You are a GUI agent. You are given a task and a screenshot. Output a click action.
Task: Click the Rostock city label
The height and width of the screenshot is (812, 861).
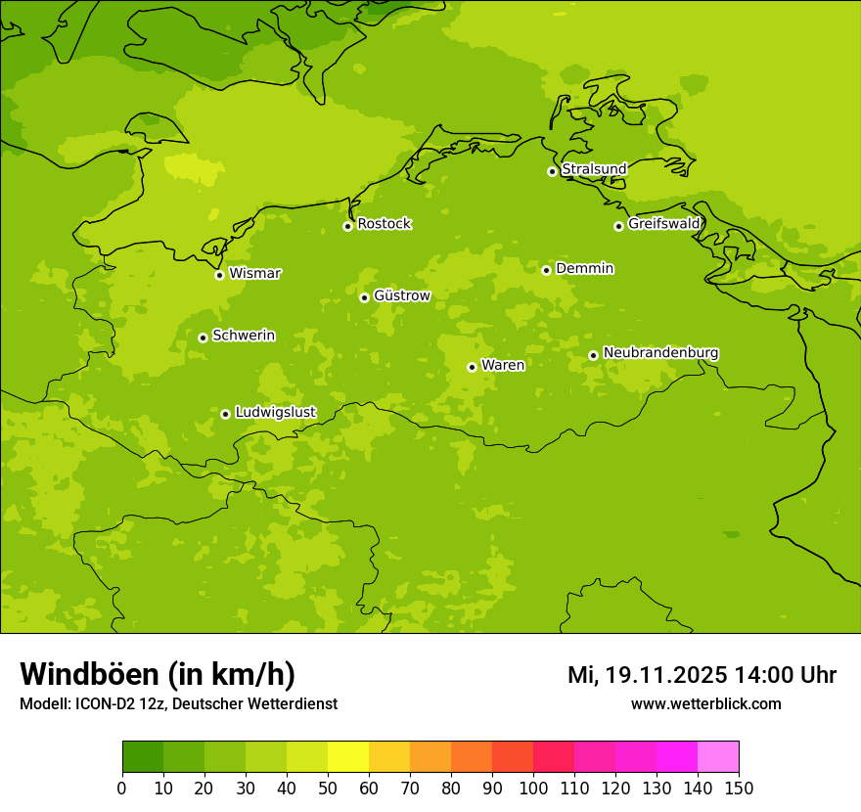pyautogui.click(x=384, y=224)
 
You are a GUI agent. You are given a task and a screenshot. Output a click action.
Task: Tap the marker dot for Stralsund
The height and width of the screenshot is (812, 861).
pyautogui.click(x=552, y=171)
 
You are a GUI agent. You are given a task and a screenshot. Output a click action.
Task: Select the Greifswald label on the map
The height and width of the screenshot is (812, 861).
pyautogui.click(x=663, y=224)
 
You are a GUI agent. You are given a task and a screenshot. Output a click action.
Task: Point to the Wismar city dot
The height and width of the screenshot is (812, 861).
pyautogui.click(x=220, y=275)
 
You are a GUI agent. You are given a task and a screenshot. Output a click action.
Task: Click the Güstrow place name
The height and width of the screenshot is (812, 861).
pyautogui.click(x=401, y=295)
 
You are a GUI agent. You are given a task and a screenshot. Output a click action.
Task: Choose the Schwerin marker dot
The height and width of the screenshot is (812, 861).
pyautogui.click(x=203, y=338)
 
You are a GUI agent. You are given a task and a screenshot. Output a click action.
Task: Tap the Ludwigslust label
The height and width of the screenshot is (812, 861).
pyautogui.click(x=275, y=412)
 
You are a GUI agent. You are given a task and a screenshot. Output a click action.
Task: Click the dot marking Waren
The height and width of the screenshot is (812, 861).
pyautogui.click(x=472, y=367)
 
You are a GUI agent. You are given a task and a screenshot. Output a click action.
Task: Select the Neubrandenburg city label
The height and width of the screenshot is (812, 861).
pyautogui.click(x=660, y=352)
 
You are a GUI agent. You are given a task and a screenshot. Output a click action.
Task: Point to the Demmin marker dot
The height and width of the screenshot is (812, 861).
pyautogui.click(x=546, y=270)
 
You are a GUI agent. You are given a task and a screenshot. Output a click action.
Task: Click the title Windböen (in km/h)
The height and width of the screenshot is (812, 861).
pyautogui.click(x=158, y=674)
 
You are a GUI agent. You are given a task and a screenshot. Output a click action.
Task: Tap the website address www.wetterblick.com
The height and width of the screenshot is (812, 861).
pyautogui.click(x=705, y=703)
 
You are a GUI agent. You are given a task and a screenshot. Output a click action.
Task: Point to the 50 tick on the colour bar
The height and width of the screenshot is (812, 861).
pyautogui.click(x=328, y=788)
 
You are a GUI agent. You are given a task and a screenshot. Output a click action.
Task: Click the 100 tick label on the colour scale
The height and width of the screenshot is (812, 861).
pyautogui.click(x=533, y=788)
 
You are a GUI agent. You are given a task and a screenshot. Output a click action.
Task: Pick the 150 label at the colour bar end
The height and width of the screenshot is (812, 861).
pyautogui.click(x=739, y=788)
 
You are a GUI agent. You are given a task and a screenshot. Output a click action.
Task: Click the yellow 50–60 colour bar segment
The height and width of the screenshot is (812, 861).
pyautogui.click(x=348, y=757)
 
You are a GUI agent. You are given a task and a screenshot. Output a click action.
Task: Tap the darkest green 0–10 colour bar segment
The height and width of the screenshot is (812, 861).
pyautogui.click(x=143, y=757)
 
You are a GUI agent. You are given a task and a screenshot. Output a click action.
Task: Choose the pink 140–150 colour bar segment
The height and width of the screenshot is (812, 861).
pyautogui.click(x=718, y=757)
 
